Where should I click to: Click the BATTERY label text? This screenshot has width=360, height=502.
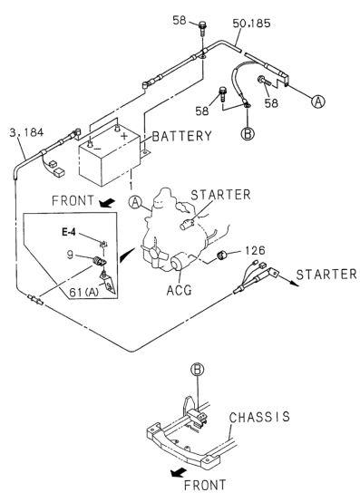point(181,136)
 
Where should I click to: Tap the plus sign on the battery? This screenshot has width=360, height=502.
point(124,136)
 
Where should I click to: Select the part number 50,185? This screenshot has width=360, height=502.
point(251,24)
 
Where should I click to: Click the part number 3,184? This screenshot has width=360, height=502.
point(26,132)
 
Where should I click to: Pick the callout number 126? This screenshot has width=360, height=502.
point(256,250)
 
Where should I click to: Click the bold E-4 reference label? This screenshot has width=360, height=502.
point(69,232)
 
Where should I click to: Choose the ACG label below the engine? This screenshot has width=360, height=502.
point(179,290)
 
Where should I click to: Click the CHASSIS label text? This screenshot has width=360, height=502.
point(259,417)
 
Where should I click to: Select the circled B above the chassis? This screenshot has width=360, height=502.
point(198,370)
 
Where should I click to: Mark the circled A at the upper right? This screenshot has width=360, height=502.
point(317,101)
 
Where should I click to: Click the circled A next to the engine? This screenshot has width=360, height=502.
point(135,202)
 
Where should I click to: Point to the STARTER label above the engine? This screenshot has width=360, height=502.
point(220,195)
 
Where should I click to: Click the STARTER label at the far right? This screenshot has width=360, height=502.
point(326,275)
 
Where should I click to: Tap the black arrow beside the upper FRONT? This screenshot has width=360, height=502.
point(107,202)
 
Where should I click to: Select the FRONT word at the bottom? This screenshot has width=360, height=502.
point(205,485)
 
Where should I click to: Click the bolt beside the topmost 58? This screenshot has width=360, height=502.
point(202,28)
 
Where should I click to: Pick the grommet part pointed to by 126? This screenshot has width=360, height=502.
point(221,256)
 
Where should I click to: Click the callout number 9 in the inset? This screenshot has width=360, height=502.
point(70,255)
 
